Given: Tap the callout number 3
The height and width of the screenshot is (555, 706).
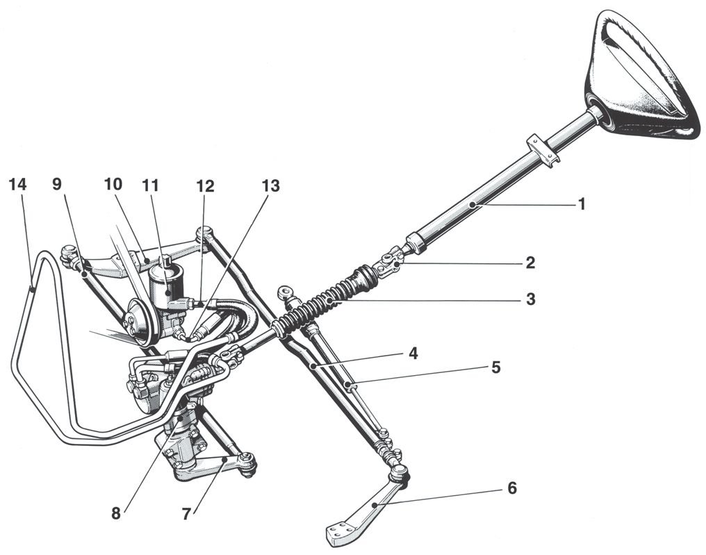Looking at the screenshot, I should pyautogui.click(x=530, y=300).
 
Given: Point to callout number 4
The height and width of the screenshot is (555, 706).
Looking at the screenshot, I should pyautogui.click(x=413, y=353).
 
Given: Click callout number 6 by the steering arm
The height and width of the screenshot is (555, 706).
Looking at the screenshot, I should pyautogui.click(x=511, y=488).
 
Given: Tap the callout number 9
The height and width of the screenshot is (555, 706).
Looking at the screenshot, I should pyautogui.click(x=57, y=185).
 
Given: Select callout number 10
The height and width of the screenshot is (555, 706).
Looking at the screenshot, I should pyautogui.click(x=113, y=185).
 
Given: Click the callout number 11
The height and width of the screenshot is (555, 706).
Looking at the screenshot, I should pyautogui.click(x=150, y=185).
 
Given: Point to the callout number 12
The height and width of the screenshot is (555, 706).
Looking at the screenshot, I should pyautogui.click(x=204, y=185).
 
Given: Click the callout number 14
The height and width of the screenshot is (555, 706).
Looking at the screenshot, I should pyautogui.click(x=19, y=185).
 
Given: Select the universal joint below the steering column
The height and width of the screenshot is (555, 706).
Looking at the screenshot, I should pyautogui.click(x=389, y=262).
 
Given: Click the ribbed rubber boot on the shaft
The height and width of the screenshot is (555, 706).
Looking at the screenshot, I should pyautogui.click(x=327, y=300).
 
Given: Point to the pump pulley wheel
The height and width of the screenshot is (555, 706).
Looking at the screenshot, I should pyautogui.click(x=137, y=321).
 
